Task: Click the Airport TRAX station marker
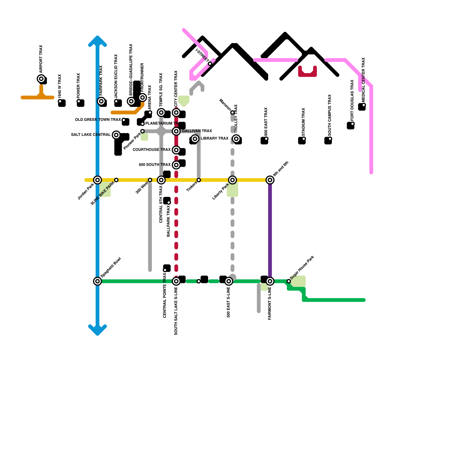(x=41, y=79)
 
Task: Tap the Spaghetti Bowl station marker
(x=98, y=281)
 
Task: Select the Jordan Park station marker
(x=98, y=180)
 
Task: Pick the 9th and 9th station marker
(x=270, y=180)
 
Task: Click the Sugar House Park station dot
(x=289, y=281)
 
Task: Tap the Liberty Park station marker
(x=233, y=180)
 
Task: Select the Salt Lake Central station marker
(x=116, y=135)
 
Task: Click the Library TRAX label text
(x=214, y=138)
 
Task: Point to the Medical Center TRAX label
(x=363, y=80)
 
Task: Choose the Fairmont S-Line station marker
(x=270, y=281)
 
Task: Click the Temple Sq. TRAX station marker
(x=161, y=112)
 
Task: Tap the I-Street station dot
(x=210, y=64)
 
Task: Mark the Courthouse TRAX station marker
(x=176, y=150)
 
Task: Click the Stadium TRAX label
(x=303, y=122)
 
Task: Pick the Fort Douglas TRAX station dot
(x=352, y=124)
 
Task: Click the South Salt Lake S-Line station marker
(x=176, y=281)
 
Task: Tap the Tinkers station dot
(x=199, y=180)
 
